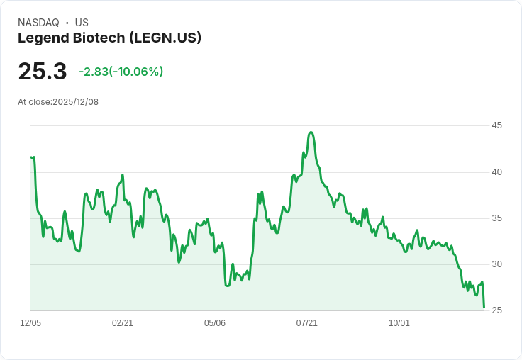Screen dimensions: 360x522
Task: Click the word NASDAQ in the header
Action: coord(38,23)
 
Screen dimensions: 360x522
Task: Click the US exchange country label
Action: coord(82,23)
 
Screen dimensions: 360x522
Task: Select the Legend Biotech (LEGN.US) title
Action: coord(109,38)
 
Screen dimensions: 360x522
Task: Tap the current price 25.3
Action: coord(43,71)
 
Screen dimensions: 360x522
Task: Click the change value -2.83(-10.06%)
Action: coord(121,72)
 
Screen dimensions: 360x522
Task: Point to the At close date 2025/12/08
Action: coord(58,102)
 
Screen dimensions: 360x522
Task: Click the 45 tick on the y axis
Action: coord(497,125)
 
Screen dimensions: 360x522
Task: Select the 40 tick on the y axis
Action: coord(497,172)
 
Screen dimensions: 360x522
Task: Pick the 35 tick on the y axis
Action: coord(497,218)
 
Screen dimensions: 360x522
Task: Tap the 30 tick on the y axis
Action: coord(497,264)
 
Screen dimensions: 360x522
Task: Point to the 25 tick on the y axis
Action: coord(497,311)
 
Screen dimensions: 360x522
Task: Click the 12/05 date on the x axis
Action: coord(30,323)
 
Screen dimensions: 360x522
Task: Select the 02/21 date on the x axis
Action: coord(123,323)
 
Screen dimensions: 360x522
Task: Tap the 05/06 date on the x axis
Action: coord(215,323)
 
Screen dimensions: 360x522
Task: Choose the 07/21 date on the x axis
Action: coord(307,323)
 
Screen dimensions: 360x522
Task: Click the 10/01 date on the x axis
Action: coord(399,323)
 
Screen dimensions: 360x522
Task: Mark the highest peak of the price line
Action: coord(311,133)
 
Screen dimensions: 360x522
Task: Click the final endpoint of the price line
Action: coord(484,307)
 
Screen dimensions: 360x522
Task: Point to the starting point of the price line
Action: coord(31,157)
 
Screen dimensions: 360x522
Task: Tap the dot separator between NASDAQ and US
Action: coord(67,23)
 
